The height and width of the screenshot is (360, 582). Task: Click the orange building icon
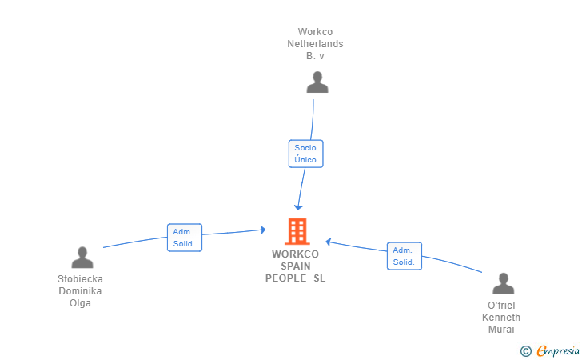tap(297, 231)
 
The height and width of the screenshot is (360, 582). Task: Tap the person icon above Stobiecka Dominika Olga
tap(82, 258)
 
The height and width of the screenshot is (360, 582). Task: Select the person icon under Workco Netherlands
tap(317, 82)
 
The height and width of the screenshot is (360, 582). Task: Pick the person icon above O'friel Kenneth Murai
tap(503, 284)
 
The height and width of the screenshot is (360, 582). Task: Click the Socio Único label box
tap(305, 154)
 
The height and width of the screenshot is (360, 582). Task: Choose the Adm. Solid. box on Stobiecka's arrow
tap(184, 238)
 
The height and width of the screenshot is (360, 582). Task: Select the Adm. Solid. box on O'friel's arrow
tap(404, 256)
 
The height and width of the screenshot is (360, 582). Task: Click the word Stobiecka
tap(80, 279)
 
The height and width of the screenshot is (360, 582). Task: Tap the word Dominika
tap(80, 291)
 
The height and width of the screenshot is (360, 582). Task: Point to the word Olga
tap(80, 303)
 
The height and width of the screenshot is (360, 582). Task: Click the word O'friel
tap(502, 306)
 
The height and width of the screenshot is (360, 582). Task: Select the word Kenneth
tap(501, 318)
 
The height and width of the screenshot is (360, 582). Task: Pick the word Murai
tap(502, 330)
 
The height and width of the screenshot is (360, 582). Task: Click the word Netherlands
tap(315, 44)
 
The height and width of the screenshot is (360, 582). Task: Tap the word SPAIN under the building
tap(296, 266)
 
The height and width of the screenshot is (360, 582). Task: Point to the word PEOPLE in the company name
tap(286, 278)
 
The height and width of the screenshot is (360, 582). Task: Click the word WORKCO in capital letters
tap(296, 254)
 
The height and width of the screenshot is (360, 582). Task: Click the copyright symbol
tap(525, 350)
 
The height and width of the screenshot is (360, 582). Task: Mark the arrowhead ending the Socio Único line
tap(298, 206)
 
